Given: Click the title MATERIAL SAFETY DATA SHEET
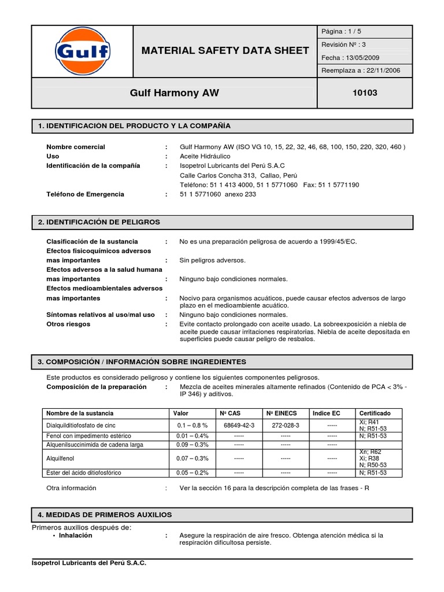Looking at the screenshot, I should (225, 51).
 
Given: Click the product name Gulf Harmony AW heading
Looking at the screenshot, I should (174, 92).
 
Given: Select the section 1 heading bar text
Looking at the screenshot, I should (134, 126).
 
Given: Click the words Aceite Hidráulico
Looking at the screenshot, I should (205, 156).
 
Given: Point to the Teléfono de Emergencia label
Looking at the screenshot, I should (85, 194).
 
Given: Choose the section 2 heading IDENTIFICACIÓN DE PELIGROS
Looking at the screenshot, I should (99, 222).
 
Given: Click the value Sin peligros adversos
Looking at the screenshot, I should (212, 260).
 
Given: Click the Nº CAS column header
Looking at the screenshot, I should (230, 413).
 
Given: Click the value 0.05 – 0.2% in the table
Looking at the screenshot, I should (193, 472).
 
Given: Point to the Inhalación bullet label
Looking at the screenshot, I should (76, 535).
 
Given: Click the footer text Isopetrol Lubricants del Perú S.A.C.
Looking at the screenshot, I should (88, 563).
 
